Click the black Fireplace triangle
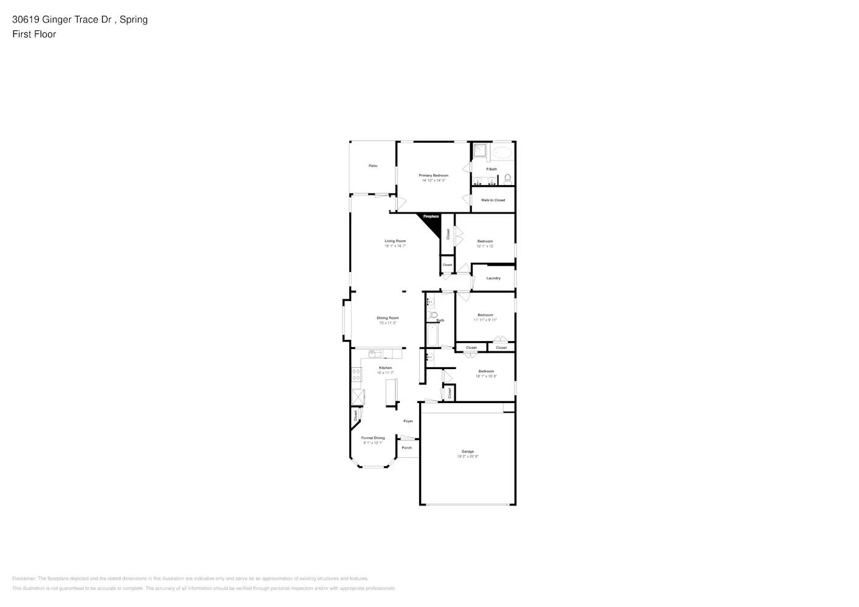click(432, 223)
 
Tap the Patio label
click(373, 166)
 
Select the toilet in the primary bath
click(508, 178)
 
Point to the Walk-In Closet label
click(493, 200)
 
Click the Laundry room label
click(493, 278)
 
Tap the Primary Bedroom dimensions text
click(434, 180)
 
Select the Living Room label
click(395, 241)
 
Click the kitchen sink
click(375, 353)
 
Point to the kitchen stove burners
click(357, 375)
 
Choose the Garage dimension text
click(468, 456)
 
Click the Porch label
click(406, 448)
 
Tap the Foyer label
click(408, 421)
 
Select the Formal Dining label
click(373, 438)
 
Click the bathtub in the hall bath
click(432, 334)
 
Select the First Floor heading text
click(34, 34)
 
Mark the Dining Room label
click(388, 318)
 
